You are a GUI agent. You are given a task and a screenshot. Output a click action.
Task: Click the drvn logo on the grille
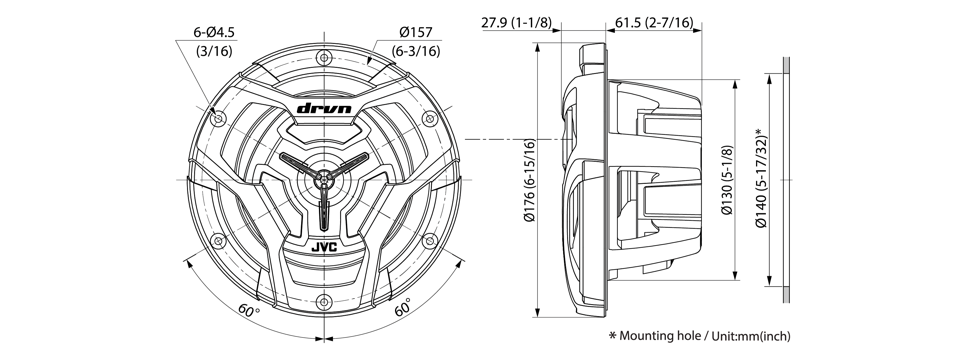coord(324,108)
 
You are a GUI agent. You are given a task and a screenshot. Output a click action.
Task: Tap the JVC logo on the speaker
coord(324,246)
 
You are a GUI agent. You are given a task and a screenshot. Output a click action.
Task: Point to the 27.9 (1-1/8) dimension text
coord(516,22)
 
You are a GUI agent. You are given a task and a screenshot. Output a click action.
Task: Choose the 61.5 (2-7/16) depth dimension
coord(654,22)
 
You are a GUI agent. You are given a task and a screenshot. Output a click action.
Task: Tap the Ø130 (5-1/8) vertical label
coord(726,180)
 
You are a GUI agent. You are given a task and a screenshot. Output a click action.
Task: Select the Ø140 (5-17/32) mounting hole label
coord(761,178)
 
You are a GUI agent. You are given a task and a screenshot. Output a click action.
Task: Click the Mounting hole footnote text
coord(700,336)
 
